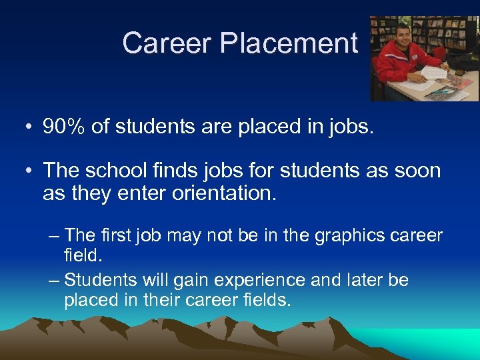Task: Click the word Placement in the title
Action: (289, 44)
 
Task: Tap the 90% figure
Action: (64, 127)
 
